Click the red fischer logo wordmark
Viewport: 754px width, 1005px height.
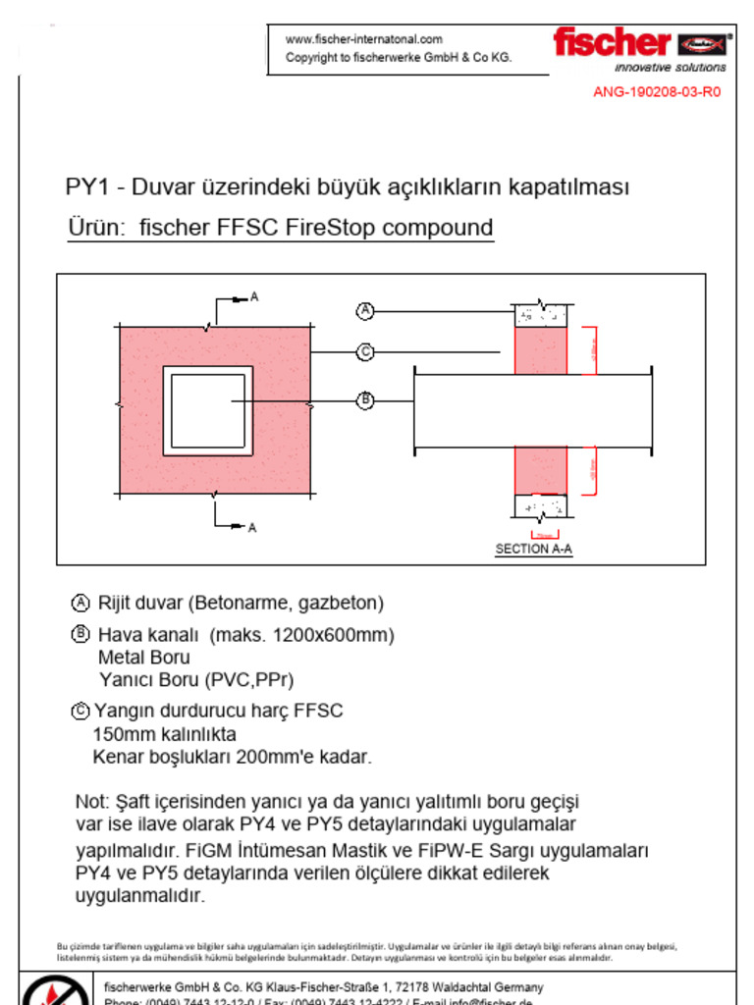(x=611, y=42)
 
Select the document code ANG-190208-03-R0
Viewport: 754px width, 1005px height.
(x=656, y=92)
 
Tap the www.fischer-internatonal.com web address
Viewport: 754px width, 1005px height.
(x=363, y=39)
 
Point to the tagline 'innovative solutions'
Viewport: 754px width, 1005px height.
(x=671, y=68)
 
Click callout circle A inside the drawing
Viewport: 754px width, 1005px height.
(x=365, y=311)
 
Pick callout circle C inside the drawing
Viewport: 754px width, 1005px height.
(x=365, y=351)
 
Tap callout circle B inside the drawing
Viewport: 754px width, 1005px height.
(x=365, y=399)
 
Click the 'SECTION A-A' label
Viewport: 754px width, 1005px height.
(x=533, y=550)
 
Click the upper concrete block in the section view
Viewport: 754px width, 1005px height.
(x=541, y=315)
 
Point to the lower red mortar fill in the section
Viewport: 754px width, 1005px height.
(x=541, y=469)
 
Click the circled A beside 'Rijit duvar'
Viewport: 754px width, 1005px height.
(x=81, y=603)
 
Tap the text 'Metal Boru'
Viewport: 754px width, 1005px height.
(x=143, y=658)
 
